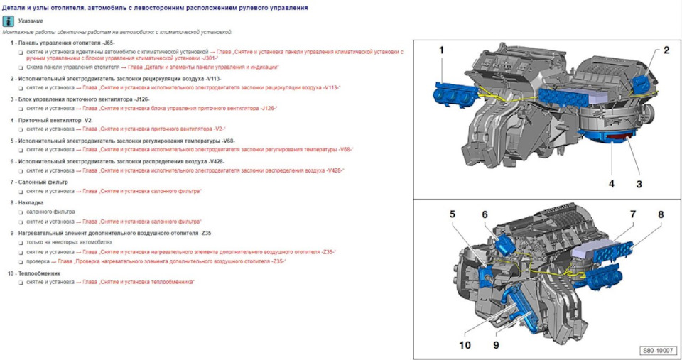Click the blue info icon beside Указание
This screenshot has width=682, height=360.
(x=9, y=21)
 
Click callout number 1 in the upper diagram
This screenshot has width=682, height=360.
(x=441, y=50)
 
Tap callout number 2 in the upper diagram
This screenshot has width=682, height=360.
(x=666, y=50)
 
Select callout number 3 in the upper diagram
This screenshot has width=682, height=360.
(x=639, y=184)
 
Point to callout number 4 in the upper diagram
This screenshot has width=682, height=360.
(x=611, y=184)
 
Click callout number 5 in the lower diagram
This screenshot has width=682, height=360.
(x=452, y=214)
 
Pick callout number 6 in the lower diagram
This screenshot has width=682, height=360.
(x=485, y=214)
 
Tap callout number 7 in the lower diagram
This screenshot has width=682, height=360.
(x=632, y=214)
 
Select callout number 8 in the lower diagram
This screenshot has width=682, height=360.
(x=660, y=214)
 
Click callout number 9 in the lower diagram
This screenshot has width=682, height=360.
(x=496, y=345)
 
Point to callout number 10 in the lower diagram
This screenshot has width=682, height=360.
(x=465, y=345)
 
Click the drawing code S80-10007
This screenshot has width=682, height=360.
(x=657, y=351)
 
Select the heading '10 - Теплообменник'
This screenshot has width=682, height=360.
(x=35, y=273)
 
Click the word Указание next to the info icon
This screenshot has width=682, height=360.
(x=31, y=21)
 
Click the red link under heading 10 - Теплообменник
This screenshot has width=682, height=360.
(x=138, y=282)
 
